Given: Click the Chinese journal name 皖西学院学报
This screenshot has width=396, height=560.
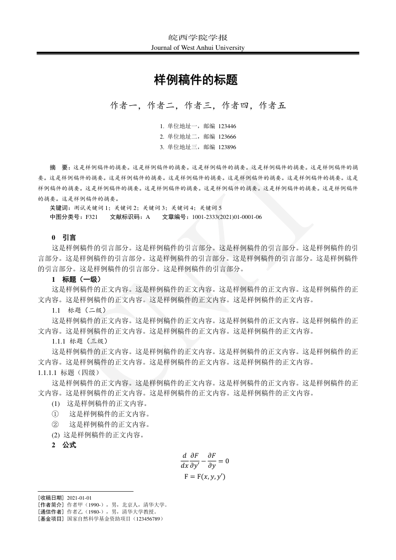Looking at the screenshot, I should click(198, 38).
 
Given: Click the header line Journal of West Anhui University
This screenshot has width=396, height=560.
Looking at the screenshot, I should click(198, 48).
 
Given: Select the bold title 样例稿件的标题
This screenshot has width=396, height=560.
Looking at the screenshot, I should click(198, 79).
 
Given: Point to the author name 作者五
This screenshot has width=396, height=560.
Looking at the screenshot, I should click(272, 105).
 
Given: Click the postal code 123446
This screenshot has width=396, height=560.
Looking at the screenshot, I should click(227, 127).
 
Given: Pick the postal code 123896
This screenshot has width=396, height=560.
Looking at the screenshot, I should click(227, 147).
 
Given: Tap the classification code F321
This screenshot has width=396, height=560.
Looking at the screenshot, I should click(91, 217).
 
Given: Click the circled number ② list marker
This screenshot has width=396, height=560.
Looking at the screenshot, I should click(55, 424).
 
